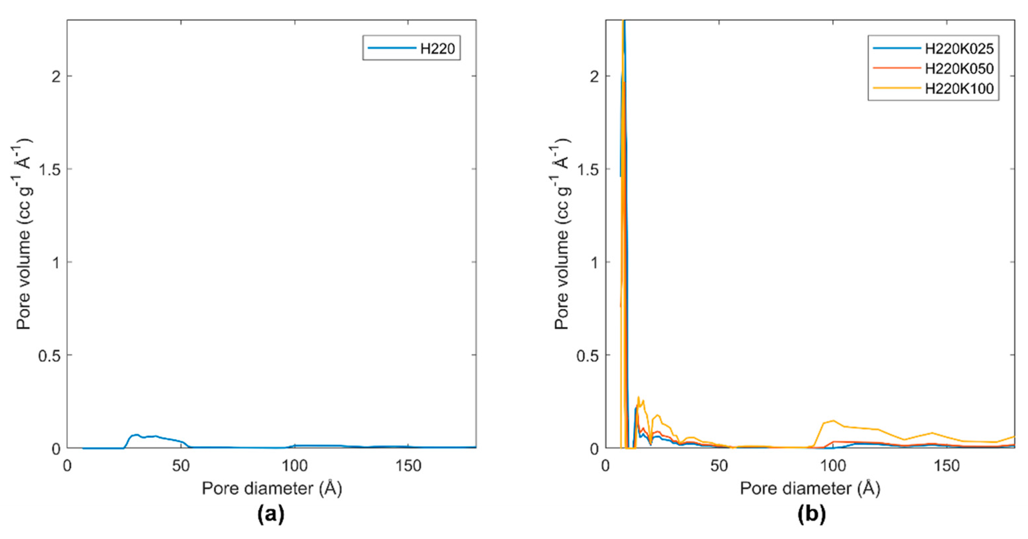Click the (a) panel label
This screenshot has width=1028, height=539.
point(271,514)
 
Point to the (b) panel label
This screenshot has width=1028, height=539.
point(811,514)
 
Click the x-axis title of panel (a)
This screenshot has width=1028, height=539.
point(272,488)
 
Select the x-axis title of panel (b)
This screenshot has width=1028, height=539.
point(810,488)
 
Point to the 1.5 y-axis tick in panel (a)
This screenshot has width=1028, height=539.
point(50,169)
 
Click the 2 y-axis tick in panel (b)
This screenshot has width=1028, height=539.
point(595,76)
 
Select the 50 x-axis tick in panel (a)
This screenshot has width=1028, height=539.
point(181,466)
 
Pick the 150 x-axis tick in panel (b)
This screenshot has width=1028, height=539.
point(947,466)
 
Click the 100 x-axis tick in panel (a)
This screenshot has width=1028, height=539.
point(295,466)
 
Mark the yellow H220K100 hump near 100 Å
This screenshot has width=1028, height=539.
point(833,421)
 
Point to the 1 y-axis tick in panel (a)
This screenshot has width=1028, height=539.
point(56,262)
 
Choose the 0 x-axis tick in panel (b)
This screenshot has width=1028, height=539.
point(605,466)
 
